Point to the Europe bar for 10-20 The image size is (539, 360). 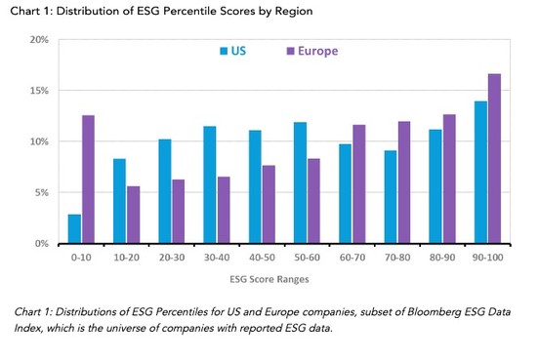click(x=132, y=215)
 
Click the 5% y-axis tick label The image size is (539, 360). click(x=39, y=192)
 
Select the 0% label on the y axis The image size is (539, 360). click(x=39, y=243)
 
